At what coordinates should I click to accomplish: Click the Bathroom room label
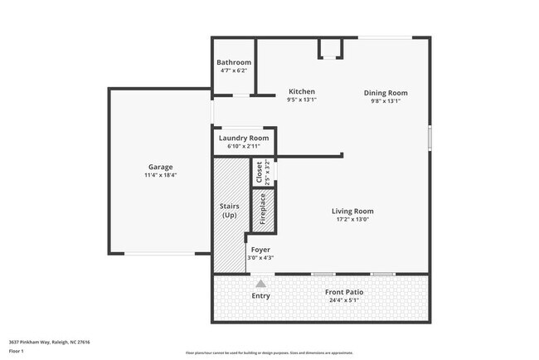pyautogui.click(x=234, y=62)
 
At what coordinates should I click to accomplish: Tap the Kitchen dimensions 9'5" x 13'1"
pyautogui.click(x=302, y=100)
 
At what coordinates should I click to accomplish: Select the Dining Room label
pyautogui.click(x=386, y=93)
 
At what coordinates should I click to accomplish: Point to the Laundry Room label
pyautogui.click(x=244, y=138)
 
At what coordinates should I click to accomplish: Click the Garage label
pyautogui.click(x=161, y=167)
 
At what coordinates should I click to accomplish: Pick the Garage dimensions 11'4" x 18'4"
pyautogui.click(x=161, y=175)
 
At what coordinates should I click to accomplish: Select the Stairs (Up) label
pyautogui.click(x=230, y=211)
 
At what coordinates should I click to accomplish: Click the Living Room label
pyautogui.click(x=352, y=211)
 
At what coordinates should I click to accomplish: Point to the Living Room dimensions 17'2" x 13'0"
pyautogui.click(x=352, y=219)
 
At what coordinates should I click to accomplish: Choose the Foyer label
pyautogui.click(x=260, y=250)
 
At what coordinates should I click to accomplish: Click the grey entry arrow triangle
pyautogui.click(x=260, y=284)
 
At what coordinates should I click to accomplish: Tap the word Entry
pyautogui.click(x=260, y=296)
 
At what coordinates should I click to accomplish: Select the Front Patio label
pyautogui.click(x=347, y=293)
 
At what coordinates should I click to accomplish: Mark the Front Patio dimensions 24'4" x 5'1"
pyautogui.click(x=347, y=301)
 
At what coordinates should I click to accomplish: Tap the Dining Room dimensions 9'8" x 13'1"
pyautogui.click(x=386, y=101)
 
